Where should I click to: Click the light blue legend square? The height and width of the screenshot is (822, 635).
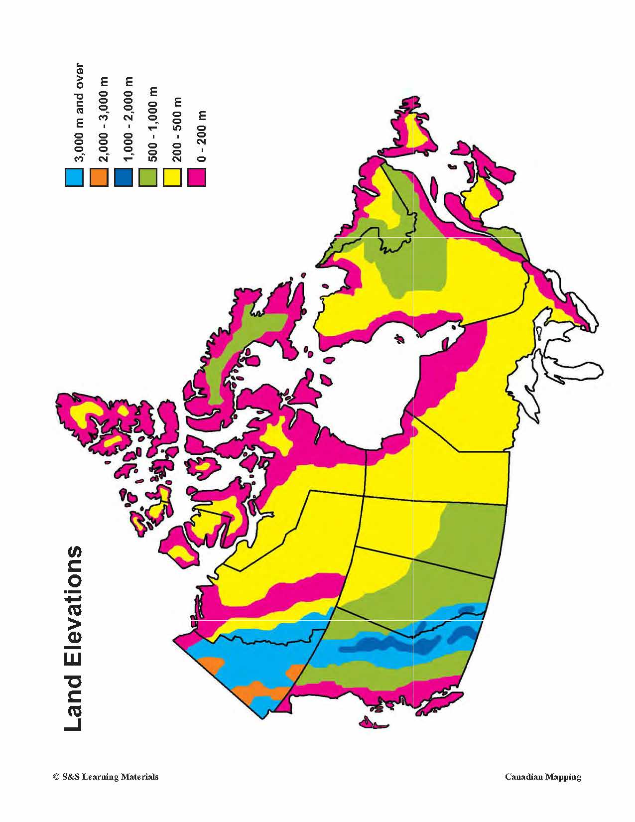pos(74,177)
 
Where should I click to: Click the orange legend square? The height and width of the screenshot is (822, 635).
pos(99,177)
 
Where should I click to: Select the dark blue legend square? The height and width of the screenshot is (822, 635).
pos(123,177)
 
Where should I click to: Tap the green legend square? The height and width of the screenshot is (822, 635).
pos(148,177)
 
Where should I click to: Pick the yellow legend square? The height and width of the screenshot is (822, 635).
pos(172,177)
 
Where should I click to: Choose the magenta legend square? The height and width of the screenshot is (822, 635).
pos(197,177)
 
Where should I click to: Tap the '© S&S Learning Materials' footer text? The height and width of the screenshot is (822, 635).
pos(106,777)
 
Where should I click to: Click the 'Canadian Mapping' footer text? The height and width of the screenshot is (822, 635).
pos(543,777)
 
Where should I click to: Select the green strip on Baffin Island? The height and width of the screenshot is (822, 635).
pos(234,349)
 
